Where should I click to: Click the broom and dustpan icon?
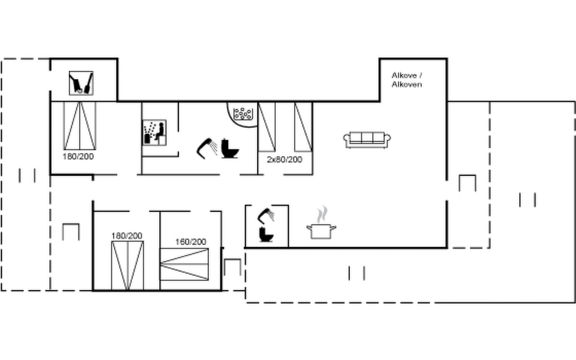tap(81, 83)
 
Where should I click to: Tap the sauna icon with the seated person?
tap(154, 133)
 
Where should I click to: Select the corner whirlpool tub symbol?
tap(242, 114)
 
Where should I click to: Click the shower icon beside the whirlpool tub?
tap(207, 148)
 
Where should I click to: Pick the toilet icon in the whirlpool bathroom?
tap(230, 148)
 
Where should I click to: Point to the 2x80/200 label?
tap(284, 160)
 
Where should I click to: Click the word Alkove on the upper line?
tap(404, 75)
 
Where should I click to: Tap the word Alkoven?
tap(407, 84)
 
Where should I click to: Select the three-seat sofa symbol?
tap(367, 140)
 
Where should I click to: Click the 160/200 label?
tap(190, 242)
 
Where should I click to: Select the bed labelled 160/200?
tap(184, 264)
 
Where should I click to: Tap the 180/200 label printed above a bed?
tap(127, 236)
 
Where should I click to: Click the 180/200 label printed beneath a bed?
tap(78, 157)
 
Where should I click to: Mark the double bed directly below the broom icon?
tap(79, 126)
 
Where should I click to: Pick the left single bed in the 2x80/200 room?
tap(267, 127)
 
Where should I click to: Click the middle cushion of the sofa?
tap(367, 138)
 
